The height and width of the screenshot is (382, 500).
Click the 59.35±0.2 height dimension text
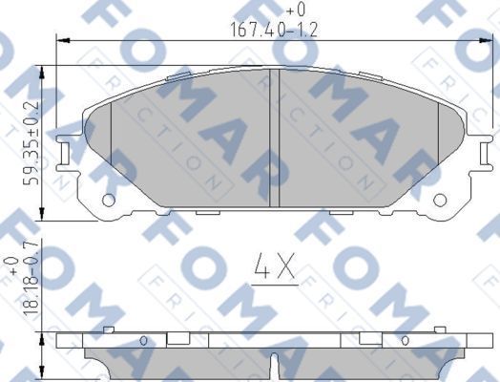click(x=31, y=143)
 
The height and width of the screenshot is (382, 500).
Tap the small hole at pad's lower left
click(x=108, y=201)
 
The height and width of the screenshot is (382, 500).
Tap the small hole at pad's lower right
click(x=440, y=201)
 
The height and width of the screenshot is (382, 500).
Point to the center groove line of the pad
click(x=274, y=138)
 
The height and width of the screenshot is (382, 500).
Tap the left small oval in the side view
click(x=143, y=340)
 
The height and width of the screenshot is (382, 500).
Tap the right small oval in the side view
click(x=406, y=340)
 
